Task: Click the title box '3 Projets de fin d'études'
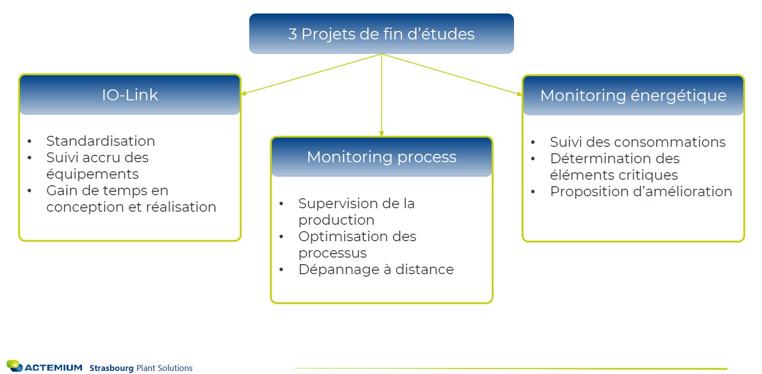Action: point(381,34)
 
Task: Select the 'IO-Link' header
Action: point(130,95)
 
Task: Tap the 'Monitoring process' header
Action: point(381,157)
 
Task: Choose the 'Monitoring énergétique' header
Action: point(633,95)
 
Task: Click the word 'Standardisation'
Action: point(100,141)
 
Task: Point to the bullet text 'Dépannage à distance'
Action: point(376,270)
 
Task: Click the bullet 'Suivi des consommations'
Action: point(637,142)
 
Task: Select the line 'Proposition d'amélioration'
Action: point(641,192)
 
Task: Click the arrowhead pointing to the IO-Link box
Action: point(243,93)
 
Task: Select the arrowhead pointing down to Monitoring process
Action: point(381,133)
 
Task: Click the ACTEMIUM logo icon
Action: point(14,366)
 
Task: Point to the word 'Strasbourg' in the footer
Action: point(111,369)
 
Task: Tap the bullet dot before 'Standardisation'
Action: point(30,141)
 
